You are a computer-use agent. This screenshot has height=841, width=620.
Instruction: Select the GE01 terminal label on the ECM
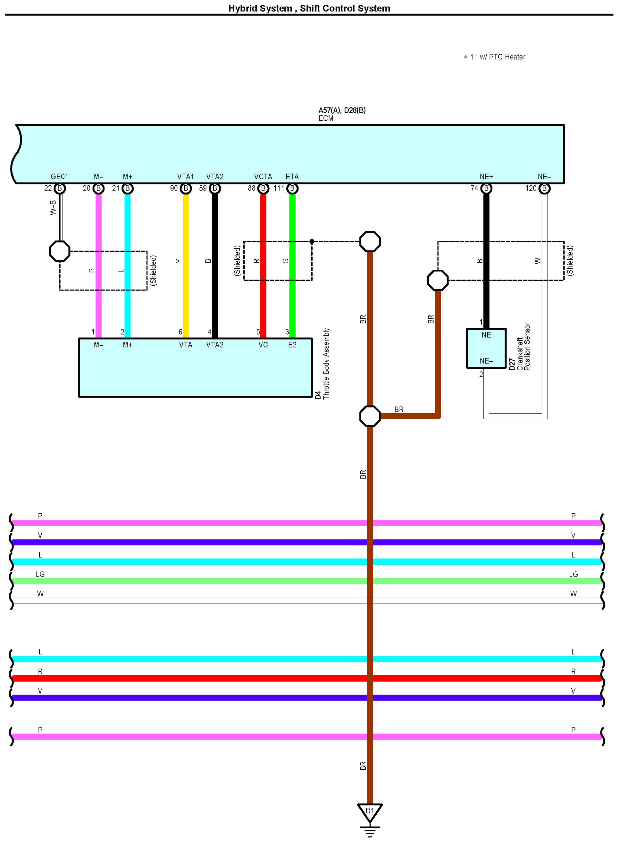click(59, 176)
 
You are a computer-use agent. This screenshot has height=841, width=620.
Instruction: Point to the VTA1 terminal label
click(185, 176)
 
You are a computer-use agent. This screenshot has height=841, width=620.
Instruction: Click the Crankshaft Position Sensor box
click(486, 348)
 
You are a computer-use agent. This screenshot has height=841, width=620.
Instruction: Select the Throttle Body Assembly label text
click(326, 363)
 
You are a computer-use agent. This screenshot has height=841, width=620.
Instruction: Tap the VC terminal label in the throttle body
click(263, 345)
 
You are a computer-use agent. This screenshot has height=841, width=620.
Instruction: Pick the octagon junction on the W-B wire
click(60, 251)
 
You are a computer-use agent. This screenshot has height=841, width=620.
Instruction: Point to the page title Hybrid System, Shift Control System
click(309, 8)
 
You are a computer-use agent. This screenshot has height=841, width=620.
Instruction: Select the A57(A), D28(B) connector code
click(342, 110)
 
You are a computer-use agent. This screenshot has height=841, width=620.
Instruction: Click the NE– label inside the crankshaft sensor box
click(486, 361)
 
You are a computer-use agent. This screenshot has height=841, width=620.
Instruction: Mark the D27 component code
click(512, 364)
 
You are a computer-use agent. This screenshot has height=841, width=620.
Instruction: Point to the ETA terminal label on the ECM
click(292, 176)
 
